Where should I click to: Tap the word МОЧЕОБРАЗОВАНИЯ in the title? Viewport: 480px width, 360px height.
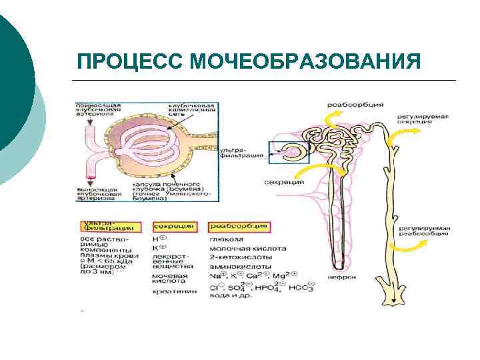305,61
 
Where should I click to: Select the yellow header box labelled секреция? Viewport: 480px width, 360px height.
173,227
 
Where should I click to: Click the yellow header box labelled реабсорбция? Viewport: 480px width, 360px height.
239,227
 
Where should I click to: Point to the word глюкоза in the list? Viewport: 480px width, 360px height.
225,239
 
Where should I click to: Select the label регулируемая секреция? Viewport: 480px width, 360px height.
423,119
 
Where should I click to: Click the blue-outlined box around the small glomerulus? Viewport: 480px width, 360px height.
287,153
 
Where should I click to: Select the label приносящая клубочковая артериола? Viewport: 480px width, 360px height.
99,109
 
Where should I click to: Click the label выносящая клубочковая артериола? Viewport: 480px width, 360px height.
99,193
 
